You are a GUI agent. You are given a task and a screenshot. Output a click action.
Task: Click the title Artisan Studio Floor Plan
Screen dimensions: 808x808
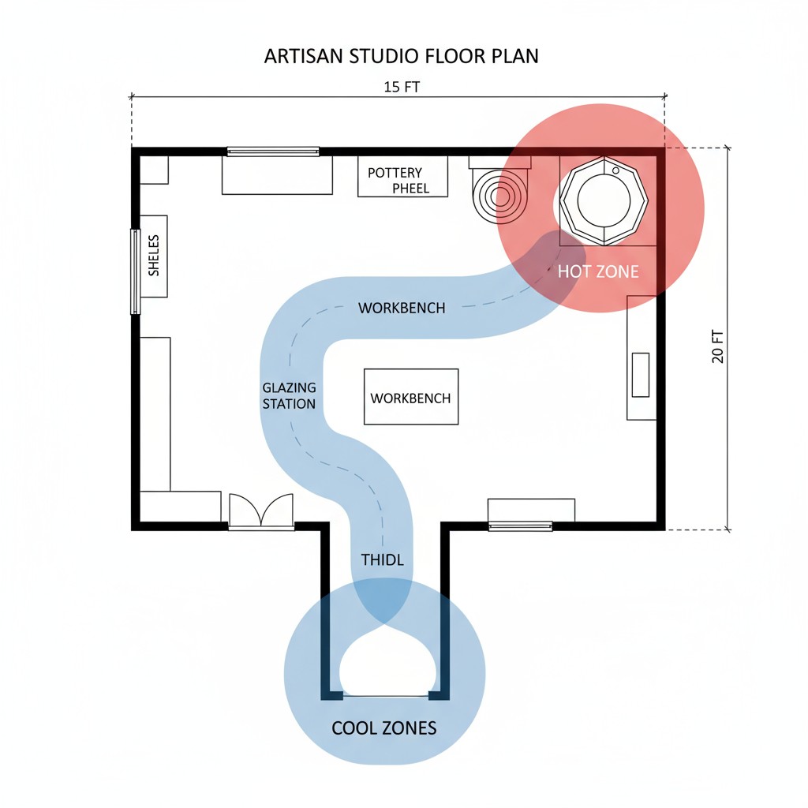[402, 56]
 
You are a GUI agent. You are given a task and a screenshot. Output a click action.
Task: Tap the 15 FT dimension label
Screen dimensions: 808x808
[402, 87]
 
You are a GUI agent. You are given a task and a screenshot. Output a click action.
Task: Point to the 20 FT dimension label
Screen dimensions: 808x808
[717, 346]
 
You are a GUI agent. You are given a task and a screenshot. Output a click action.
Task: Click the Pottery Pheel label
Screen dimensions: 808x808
[398, 181]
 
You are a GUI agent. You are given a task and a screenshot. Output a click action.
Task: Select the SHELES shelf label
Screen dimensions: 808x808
[154, 256]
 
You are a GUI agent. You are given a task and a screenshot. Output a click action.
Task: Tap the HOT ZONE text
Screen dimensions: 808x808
[598, 271]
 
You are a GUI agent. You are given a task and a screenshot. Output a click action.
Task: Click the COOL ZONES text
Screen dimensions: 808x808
[384, 728]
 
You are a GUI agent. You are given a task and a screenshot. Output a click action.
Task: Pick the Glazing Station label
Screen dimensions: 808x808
[289, 396]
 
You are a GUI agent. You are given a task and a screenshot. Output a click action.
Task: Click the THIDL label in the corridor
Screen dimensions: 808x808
[383, 559]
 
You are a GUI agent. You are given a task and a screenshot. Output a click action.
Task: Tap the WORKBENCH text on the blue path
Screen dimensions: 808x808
[402, 309]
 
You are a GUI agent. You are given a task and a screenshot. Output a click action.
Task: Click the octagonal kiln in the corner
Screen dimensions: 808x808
[604, 201]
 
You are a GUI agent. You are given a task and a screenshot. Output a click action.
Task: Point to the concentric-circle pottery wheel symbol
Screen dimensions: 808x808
[499, 196]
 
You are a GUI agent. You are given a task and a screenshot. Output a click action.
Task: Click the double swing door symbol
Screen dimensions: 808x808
[261, 511]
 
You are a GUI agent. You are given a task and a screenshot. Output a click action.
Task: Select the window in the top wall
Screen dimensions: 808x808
[273, 151]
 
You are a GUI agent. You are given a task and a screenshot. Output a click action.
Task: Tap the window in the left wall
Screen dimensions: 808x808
[135, 271]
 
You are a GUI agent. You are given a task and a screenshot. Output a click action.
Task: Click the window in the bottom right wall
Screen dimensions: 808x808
[521, 526]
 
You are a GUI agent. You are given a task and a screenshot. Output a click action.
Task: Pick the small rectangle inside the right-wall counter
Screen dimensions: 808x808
[641, 375]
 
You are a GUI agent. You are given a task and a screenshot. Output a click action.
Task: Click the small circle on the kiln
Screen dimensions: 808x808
[615, 170]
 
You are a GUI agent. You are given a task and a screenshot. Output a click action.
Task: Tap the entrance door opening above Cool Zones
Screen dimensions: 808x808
[386, 696]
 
